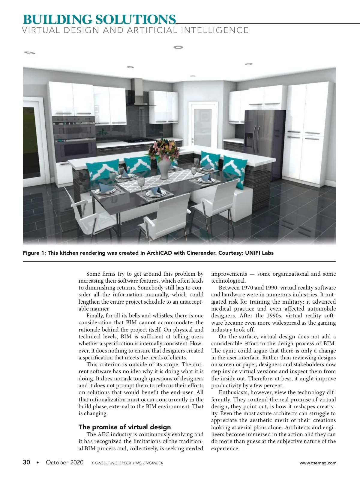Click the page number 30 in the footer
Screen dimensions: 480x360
point(26,462)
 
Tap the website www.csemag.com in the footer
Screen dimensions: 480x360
point(318,463)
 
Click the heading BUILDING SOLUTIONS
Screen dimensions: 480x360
point(99,19)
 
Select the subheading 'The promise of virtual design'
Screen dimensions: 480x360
point(124,427)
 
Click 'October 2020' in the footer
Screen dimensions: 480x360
point(64,462)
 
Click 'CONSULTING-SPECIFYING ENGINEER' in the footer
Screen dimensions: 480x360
point(127,463)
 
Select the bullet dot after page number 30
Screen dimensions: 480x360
point(37,463)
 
